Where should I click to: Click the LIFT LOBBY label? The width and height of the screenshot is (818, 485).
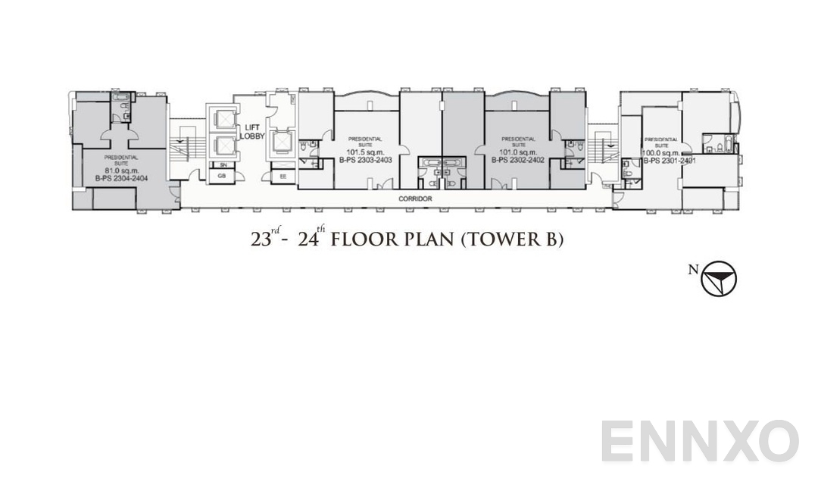pos(251,132)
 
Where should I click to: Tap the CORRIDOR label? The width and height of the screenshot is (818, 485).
pos(415,199)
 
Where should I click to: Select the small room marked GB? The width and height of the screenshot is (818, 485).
pos(222,176)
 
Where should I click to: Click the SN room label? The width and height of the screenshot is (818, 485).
pos(223,164)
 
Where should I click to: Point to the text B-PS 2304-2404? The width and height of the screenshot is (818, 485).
pos(121,178)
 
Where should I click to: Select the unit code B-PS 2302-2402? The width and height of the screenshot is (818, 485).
pos(517,161)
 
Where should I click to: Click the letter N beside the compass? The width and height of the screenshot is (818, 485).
pos(693,268)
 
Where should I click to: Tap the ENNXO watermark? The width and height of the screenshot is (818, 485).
pos(700,441)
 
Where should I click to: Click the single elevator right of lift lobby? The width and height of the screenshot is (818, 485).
pos(282,142)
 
